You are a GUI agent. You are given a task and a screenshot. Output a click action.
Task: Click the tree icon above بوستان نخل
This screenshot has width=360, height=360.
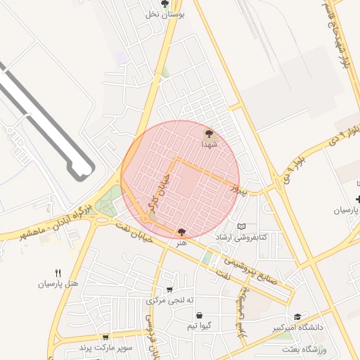click(165, 4)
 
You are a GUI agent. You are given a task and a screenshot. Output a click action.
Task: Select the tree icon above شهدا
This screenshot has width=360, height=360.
click(208, 132)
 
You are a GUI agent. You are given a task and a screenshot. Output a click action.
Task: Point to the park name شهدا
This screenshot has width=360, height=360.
click(209, 143)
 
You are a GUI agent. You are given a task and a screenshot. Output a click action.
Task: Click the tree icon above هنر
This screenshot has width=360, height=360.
click(182, 231)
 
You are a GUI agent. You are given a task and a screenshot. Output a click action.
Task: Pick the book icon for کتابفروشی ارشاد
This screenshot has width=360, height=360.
click(243, 226)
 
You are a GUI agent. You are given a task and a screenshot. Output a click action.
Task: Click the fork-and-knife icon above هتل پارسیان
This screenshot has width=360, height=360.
click(58, 273)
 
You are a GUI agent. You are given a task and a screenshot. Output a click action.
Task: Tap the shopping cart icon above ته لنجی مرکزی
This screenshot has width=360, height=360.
click(169, 290)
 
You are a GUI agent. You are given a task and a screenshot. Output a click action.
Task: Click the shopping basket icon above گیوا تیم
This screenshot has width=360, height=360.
click(200, 315)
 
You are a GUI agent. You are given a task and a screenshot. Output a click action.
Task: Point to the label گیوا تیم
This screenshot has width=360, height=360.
click(200, 326)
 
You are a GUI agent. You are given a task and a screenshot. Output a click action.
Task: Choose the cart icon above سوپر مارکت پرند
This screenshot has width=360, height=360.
click(105, 337)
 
